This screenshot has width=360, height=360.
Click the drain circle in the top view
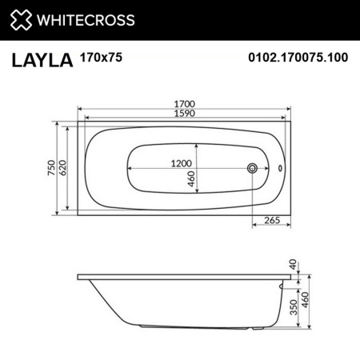[x=254, y=169]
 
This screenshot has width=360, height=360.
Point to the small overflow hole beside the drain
[x=281, y=169]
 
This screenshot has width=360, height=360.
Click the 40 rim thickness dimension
[x=294, y=264]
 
